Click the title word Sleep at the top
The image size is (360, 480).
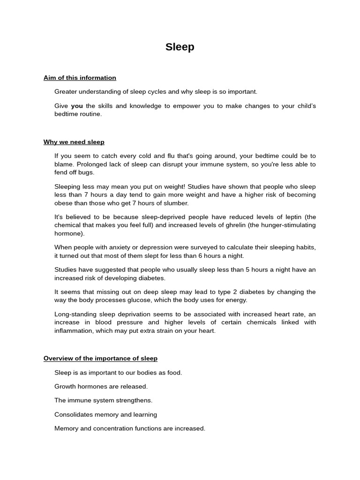click(180, 47)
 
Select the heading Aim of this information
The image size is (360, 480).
click(80, 78)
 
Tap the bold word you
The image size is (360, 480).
click(77, 106)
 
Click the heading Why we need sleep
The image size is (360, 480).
click(74, 142)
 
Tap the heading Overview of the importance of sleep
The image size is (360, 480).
click(100, 359)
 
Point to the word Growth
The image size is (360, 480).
click(65, 387)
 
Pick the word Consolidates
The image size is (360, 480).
click(75, 414)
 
